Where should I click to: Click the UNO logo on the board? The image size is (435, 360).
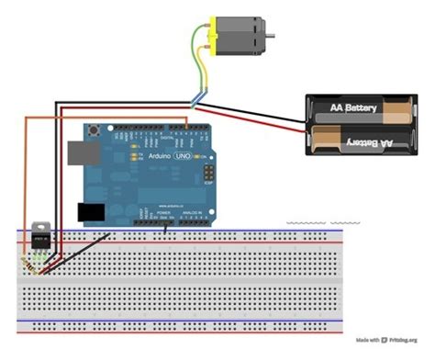(x=179, y=156)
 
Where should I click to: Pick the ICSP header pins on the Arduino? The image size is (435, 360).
(x=210, y=172)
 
